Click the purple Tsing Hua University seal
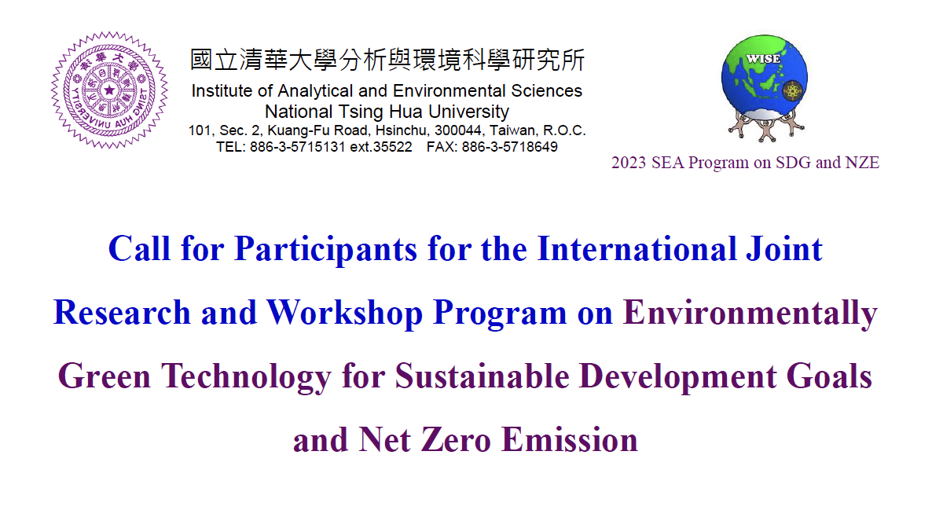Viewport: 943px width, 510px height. [x=109, y=90]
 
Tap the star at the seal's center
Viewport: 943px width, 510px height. [x=109, y=90]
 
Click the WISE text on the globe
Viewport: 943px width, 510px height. [x=763, y=58]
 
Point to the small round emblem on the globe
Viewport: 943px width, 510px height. [x=792, y=90]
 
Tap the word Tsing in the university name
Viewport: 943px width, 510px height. [x=361, y=112]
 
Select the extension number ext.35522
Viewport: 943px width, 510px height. [x=381, y=147]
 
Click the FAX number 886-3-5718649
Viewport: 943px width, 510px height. [x=509, y=147]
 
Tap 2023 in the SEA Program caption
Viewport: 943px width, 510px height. [x=629, y=163]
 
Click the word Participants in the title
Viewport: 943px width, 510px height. [x=325, y=250]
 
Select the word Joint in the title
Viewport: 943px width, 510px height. [x=784, y=249]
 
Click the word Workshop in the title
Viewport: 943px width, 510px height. [x=345, y=314]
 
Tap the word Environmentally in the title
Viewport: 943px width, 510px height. [x=750, y=314]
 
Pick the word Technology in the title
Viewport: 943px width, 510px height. [x=246, y=377]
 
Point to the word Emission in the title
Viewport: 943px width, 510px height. [x=570, y=440]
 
